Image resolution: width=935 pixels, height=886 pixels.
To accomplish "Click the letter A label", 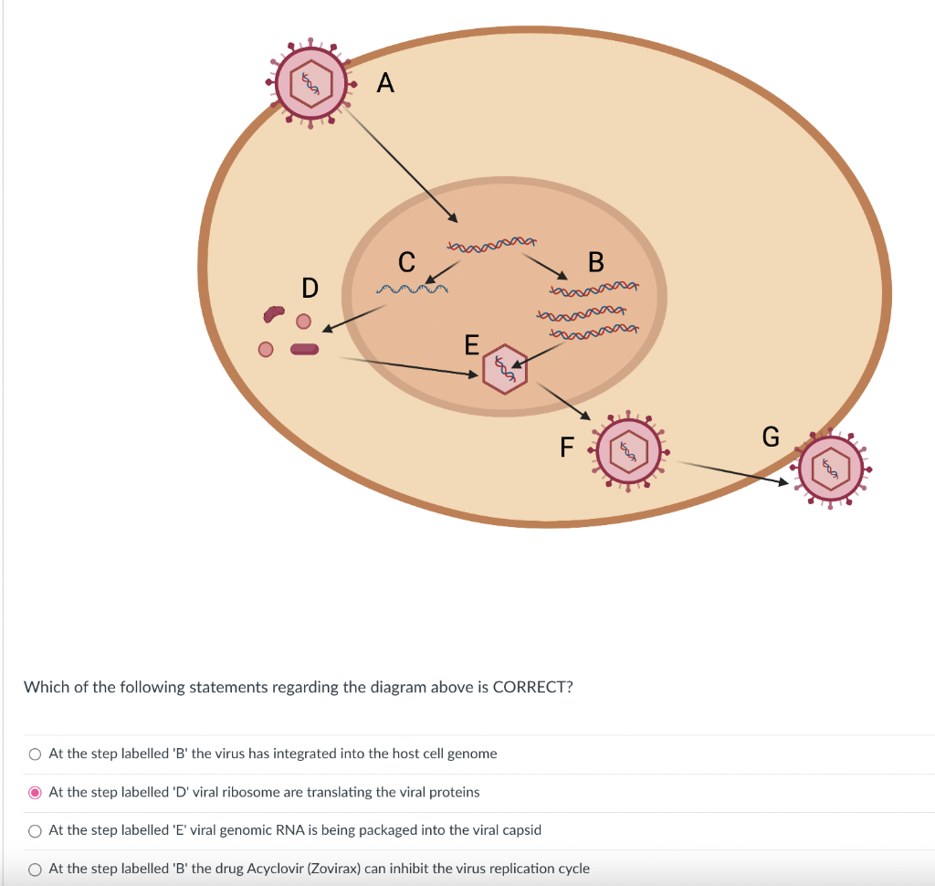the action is [x=385, y=84].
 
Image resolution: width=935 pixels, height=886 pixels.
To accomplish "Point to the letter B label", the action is [x=596, y=262].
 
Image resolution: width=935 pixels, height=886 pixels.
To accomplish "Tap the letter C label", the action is [x=407, y=262].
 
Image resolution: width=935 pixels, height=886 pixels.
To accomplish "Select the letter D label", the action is [x=310, y=289].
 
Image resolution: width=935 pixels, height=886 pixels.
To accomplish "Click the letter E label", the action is [x=471, y=345].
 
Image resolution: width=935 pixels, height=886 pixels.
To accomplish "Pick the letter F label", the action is [x=567, y=448].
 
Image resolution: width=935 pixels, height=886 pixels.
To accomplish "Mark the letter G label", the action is [x=771, y=438].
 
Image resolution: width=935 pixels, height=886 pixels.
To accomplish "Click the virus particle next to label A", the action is [x=311, y=83].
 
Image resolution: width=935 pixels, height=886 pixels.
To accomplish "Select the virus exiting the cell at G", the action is [x=831, y=467].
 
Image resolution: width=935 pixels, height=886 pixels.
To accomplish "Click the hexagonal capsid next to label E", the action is [x=504, y=369].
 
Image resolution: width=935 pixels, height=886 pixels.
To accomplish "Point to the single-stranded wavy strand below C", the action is [x=412, y=290].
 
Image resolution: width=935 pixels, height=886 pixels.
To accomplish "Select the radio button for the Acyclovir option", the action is [x=35, y=869].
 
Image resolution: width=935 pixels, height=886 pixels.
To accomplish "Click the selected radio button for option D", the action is [x=35, y=792].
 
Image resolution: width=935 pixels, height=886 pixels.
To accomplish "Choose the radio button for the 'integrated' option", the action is [x=35, y=754].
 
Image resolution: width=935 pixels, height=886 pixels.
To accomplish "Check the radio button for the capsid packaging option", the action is [x=35, y=830].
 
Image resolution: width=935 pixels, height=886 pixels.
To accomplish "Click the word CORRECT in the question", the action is [x=532, y=687].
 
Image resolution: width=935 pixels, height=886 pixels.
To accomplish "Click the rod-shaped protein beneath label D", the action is [x=305, y=349].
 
